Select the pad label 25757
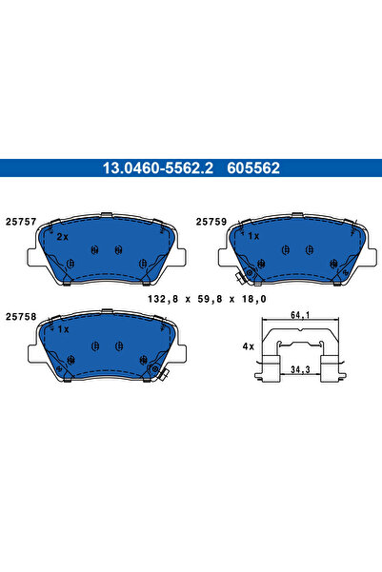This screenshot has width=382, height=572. coord(21,221)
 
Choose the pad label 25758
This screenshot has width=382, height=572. coord(21,316)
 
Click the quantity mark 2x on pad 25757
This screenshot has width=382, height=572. coord(63,236)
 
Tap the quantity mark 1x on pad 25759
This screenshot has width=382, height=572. coord(253,235)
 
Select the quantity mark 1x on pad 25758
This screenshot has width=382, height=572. coord(63,328)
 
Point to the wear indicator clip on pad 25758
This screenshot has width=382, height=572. coord(164,374)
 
